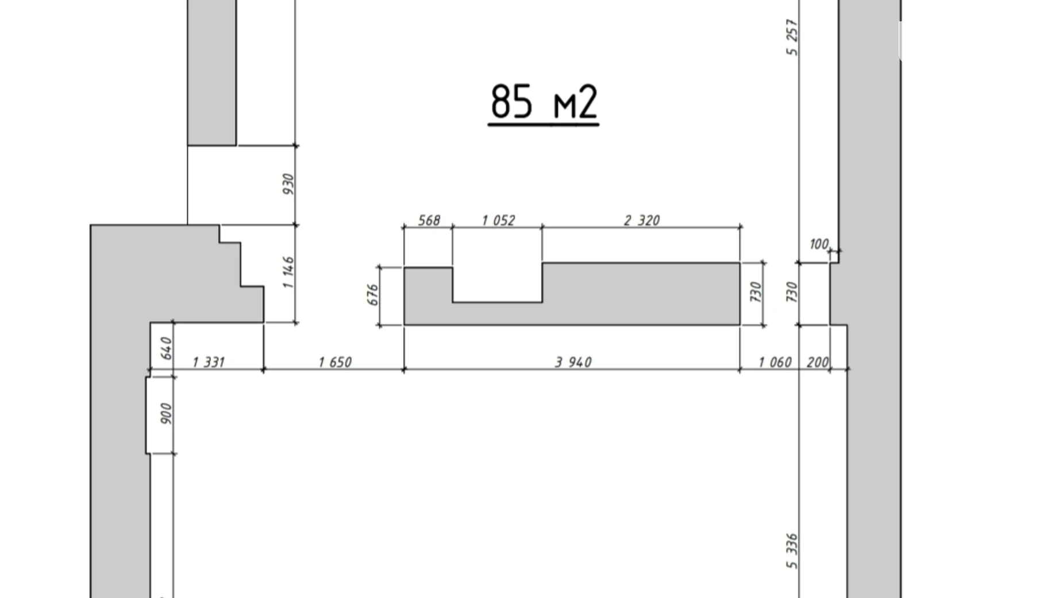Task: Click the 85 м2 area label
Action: click(x=544, y=102)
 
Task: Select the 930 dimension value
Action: click(x=288, y=184)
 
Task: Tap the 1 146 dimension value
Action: click(x=288, y=273)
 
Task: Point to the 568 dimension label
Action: click(x=429, y=220)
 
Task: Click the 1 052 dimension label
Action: click(x=498, y=220)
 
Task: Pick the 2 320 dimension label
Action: click(x=642, y=220)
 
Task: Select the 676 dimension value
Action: click(x=373, y=295)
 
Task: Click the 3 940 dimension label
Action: click(x=573, y=362)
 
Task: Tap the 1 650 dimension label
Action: click(x=334, y=362)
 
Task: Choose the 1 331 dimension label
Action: click(x=208, y=362)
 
